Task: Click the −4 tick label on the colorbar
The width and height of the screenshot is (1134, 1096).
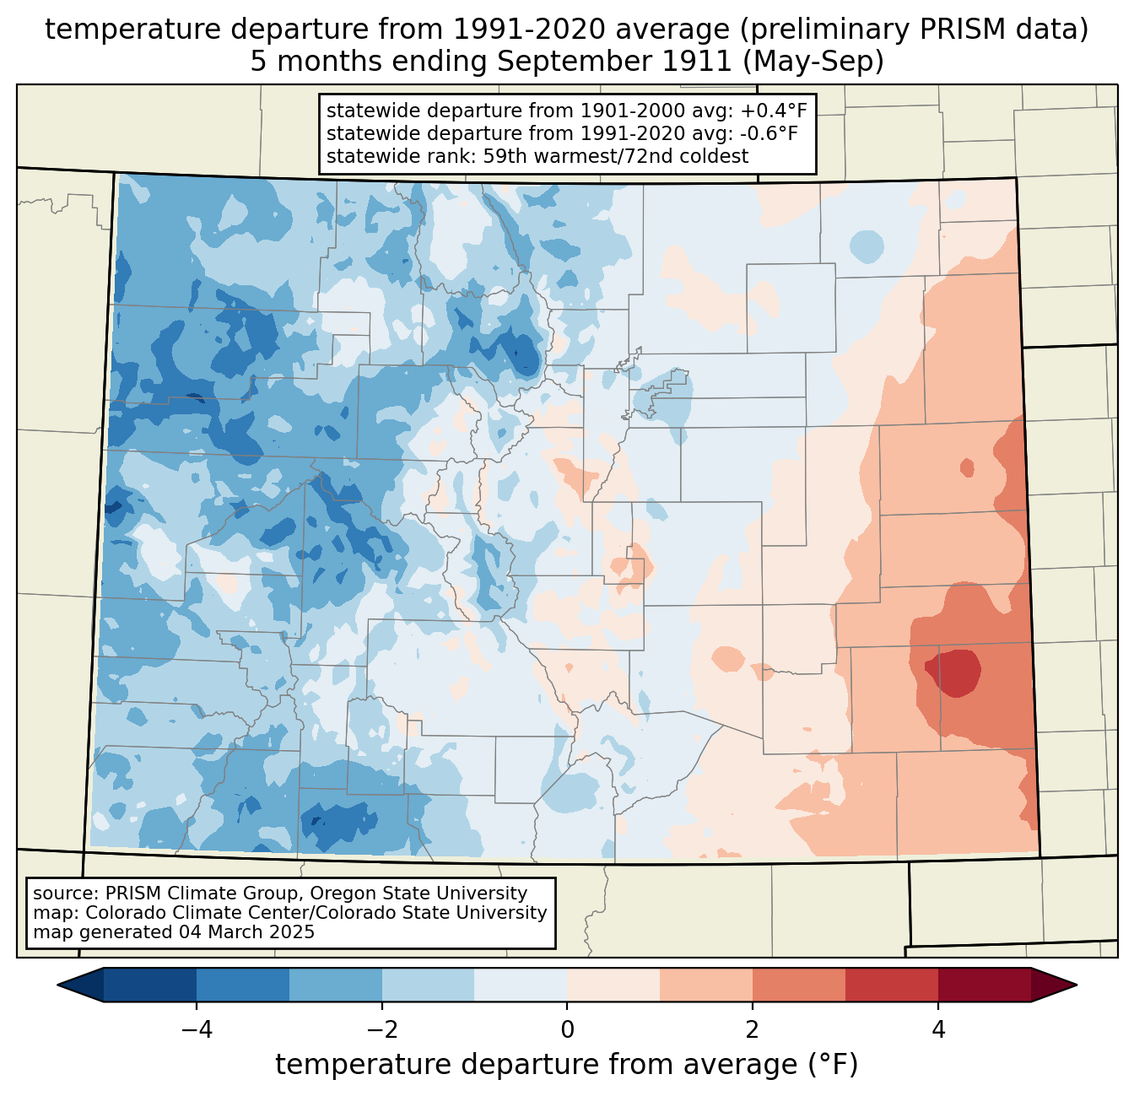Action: (191, 1029)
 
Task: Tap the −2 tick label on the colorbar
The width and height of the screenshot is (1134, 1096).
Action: (376, 1029)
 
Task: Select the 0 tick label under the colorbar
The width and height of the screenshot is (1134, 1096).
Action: (567, 1029)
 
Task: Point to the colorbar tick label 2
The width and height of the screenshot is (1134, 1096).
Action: (753, 1029)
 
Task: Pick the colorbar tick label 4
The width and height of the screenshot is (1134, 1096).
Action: (938, 1029)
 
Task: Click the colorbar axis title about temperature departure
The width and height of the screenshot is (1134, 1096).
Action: (567, 1065)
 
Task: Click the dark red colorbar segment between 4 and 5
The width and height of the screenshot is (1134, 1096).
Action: (984, 985)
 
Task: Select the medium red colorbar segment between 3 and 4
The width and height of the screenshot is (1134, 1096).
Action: (892, 985)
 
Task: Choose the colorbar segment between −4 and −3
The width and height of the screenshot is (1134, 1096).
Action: (243, 985)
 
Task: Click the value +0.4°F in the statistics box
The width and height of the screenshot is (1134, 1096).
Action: (774, 111)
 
